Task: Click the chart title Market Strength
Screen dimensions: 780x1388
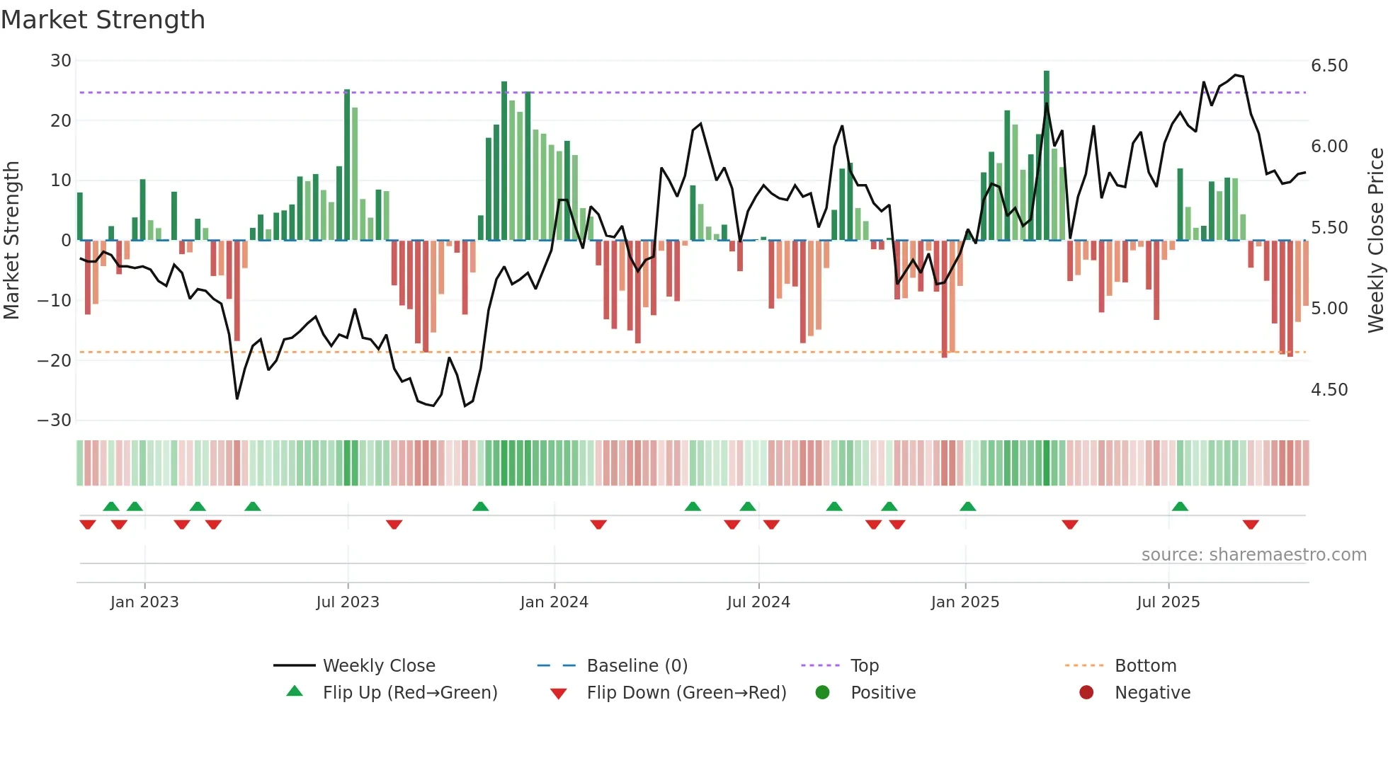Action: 103,20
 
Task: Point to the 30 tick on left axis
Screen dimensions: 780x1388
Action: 61,61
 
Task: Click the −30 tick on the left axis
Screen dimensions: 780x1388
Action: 55,420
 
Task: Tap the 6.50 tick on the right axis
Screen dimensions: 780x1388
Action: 1329,66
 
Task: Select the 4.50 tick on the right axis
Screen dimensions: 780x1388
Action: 1329,390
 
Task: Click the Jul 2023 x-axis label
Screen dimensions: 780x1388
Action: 348,602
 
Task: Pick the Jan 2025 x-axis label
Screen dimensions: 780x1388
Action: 965,602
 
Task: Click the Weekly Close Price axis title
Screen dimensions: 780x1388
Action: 1375,241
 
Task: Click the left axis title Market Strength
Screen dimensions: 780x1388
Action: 11,241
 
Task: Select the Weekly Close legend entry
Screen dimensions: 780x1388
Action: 379,666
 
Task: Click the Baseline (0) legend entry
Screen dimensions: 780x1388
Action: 637,666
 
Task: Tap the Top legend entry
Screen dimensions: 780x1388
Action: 864,666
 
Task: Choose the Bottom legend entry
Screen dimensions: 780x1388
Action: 1145,666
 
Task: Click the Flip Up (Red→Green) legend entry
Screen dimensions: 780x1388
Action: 410,693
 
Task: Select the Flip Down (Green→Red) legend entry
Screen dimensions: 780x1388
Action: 686,693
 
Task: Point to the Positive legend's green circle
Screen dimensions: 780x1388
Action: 822,692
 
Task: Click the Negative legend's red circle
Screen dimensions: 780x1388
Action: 1086,692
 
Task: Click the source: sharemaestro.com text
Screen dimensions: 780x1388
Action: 1253,555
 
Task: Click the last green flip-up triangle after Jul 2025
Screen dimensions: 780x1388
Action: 1180,507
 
